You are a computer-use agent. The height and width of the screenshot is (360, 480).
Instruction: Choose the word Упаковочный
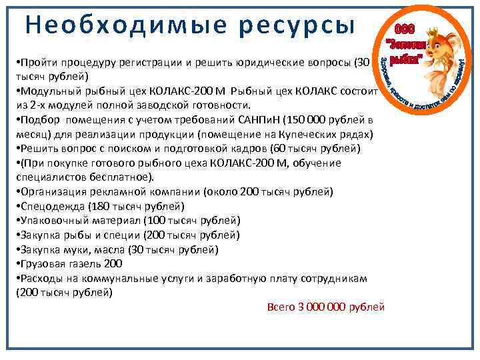point(57,221)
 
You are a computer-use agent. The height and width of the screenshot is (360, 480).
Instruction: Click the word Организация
point(55,192)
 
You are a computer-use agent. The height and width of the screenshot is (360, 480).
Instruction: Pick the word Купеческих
point(311,134)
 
